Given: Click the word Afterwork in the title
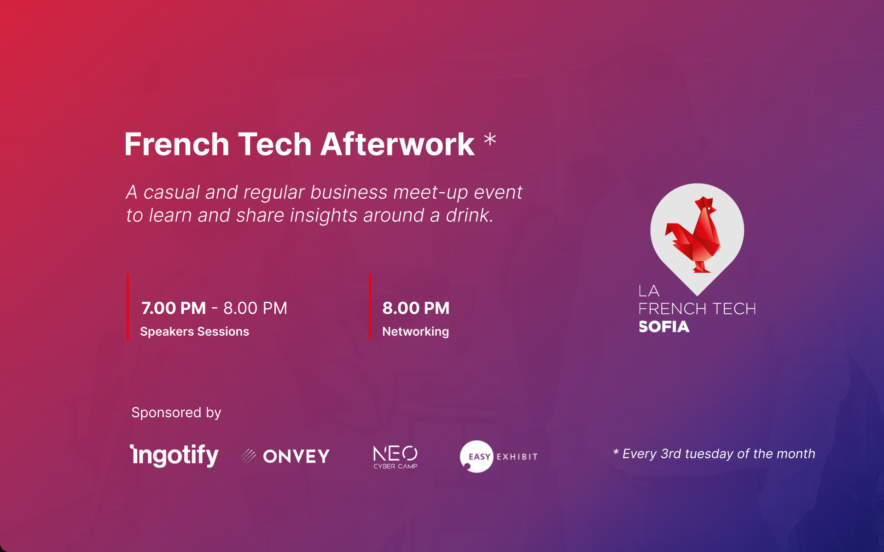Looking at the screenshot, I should [x=397, y=144].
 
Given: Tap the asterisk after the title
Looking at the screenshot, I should [x=490, y=139].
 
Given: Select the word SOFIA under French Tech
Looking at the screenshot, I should [x=664, y=327].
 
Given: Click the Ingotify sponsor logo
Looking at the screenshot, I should [x=174, y=455].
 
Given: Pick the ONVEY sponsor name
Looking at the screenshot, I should [x=296, y=456].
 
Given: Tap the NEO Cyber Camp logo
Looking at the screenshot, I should [x=395, y=457].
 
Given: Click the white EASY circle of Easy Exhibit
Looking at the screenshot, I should [x=477, y=456].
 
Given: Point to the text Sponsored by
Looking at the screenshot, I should [x=176, y=413].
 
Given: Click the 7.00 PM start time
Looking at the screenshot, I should [x=174, y=308].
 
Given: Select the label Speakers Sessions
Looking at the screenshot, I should [x=194, y=332].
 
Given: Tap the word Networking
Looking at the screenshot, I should [x=415, y=332].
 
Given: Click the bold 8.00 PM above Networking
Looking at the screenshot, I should [x=416, y=308].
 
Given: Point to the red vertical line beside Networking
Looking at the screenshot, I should [x=370, y=307].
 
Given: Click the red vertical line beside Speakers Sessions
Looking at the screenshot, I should [x=128, y=307].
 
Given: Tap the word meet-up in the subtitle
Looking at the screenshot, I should [x=430, y=193].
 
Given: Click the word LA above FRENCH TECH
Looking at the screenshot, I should [x=649, y=291].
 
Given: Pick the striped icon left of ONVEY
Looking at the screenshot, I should [x=249, y=456].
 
